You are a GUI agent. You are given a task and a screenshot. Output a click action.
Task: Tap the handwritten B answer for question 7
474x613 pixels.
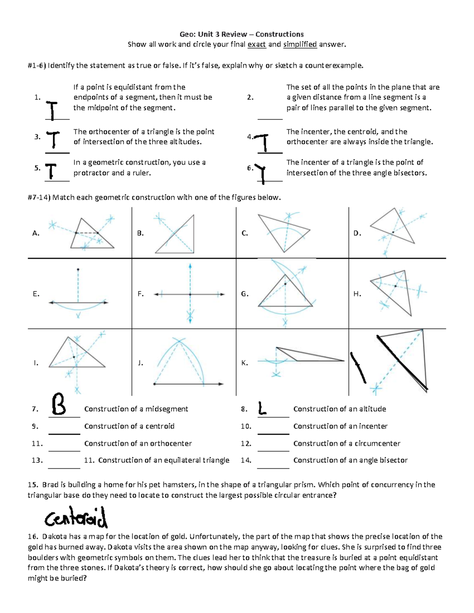coord(59,404)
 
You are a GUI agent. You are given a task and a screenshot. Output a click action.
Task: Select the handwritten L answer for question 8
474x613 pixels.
coord(262,408)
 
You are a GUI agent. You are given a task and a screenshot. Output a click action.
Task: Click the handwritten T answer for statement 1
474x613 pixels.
coord(52,110)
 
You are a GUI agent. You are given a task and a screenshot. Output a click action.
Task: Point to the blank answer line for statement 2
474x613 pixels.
coord(270,118)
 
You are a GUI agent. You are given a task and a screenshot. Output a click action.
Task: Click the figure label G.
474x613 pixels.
coord(245,294)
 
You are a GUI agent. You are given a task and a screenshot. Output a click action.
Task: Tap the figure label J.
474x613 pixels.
coord(140,363)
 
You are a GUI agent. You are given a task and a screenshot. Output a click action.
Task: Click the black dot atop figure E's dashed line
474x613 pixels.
coord(78,270)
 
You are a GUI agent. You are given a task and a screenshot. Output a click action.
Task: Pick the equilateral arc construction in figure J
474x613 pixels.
coord(180,361)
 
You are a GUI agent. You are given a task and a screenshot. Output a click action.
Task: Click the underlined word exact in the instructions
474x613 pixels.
coord(257,45)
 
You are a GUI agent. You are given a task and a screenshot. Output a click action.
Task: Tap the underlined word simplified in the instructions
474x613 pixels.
coord(300,45)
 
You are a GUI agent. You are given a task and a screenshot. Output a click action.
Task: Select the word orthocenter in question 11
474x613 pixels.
coord(173,443)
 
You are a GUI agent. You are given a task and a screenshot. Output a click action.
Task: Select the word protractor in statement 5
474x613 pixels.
coord(91,173)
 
